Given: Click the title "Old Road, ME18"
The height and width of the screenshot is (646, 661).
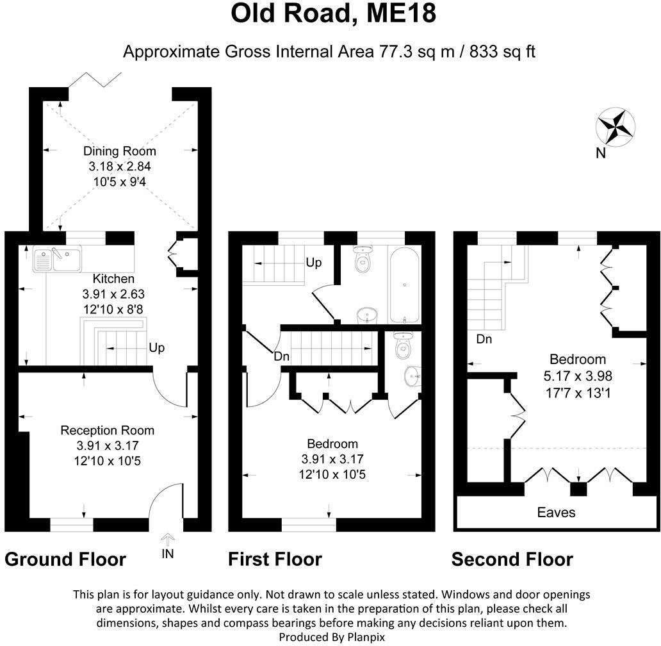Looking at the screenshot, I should tap(333, 13).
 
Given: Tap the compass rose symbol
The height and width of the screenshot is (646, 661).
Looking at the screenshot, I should tap(615, 126).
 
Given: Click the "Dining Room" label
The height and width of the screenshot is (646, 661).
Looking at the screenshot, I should tap(120, 151).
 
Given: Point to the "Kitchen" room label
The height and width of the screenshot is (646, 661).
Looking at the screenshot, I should tap(113, 279).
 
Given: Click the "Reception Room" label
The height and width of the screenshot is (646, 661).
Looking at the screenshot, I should tap(107, 430).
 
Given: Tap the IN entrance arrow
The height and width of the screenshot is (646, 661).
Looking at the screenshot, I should tap(167, 544).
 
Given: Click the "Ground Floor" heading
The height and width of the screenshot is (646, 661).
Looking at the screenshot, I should tap(65, 559).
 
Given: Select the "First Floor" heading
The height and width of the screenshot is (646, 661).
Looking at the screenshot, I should tap(275, 559).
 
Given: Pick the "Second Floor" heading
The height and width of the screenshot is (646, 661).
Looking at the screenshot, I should tap(512, 559).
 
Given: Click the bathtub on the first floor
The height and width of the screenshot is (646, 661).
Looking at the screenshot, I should tap(405, 284).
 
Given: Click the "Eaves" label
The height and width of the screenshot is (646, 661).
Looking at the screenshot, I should tap(556, 512).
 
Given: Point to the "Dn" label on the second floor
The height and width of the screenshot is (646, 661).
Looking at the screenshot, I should tap(484, 340).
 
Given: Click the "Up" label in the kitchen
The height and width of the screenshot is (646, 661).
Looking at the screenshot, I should tap(157, 348).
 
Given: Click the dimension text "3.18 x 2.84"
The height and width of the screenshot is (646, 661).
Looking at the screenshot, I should tap(120, 166).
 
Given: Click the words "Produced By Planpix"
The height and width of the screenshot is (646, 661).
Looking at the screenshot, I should tap(331, 636).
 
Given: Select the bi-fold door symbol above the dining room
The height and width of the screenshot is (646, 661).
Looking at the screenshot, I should tap(95, 79).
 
